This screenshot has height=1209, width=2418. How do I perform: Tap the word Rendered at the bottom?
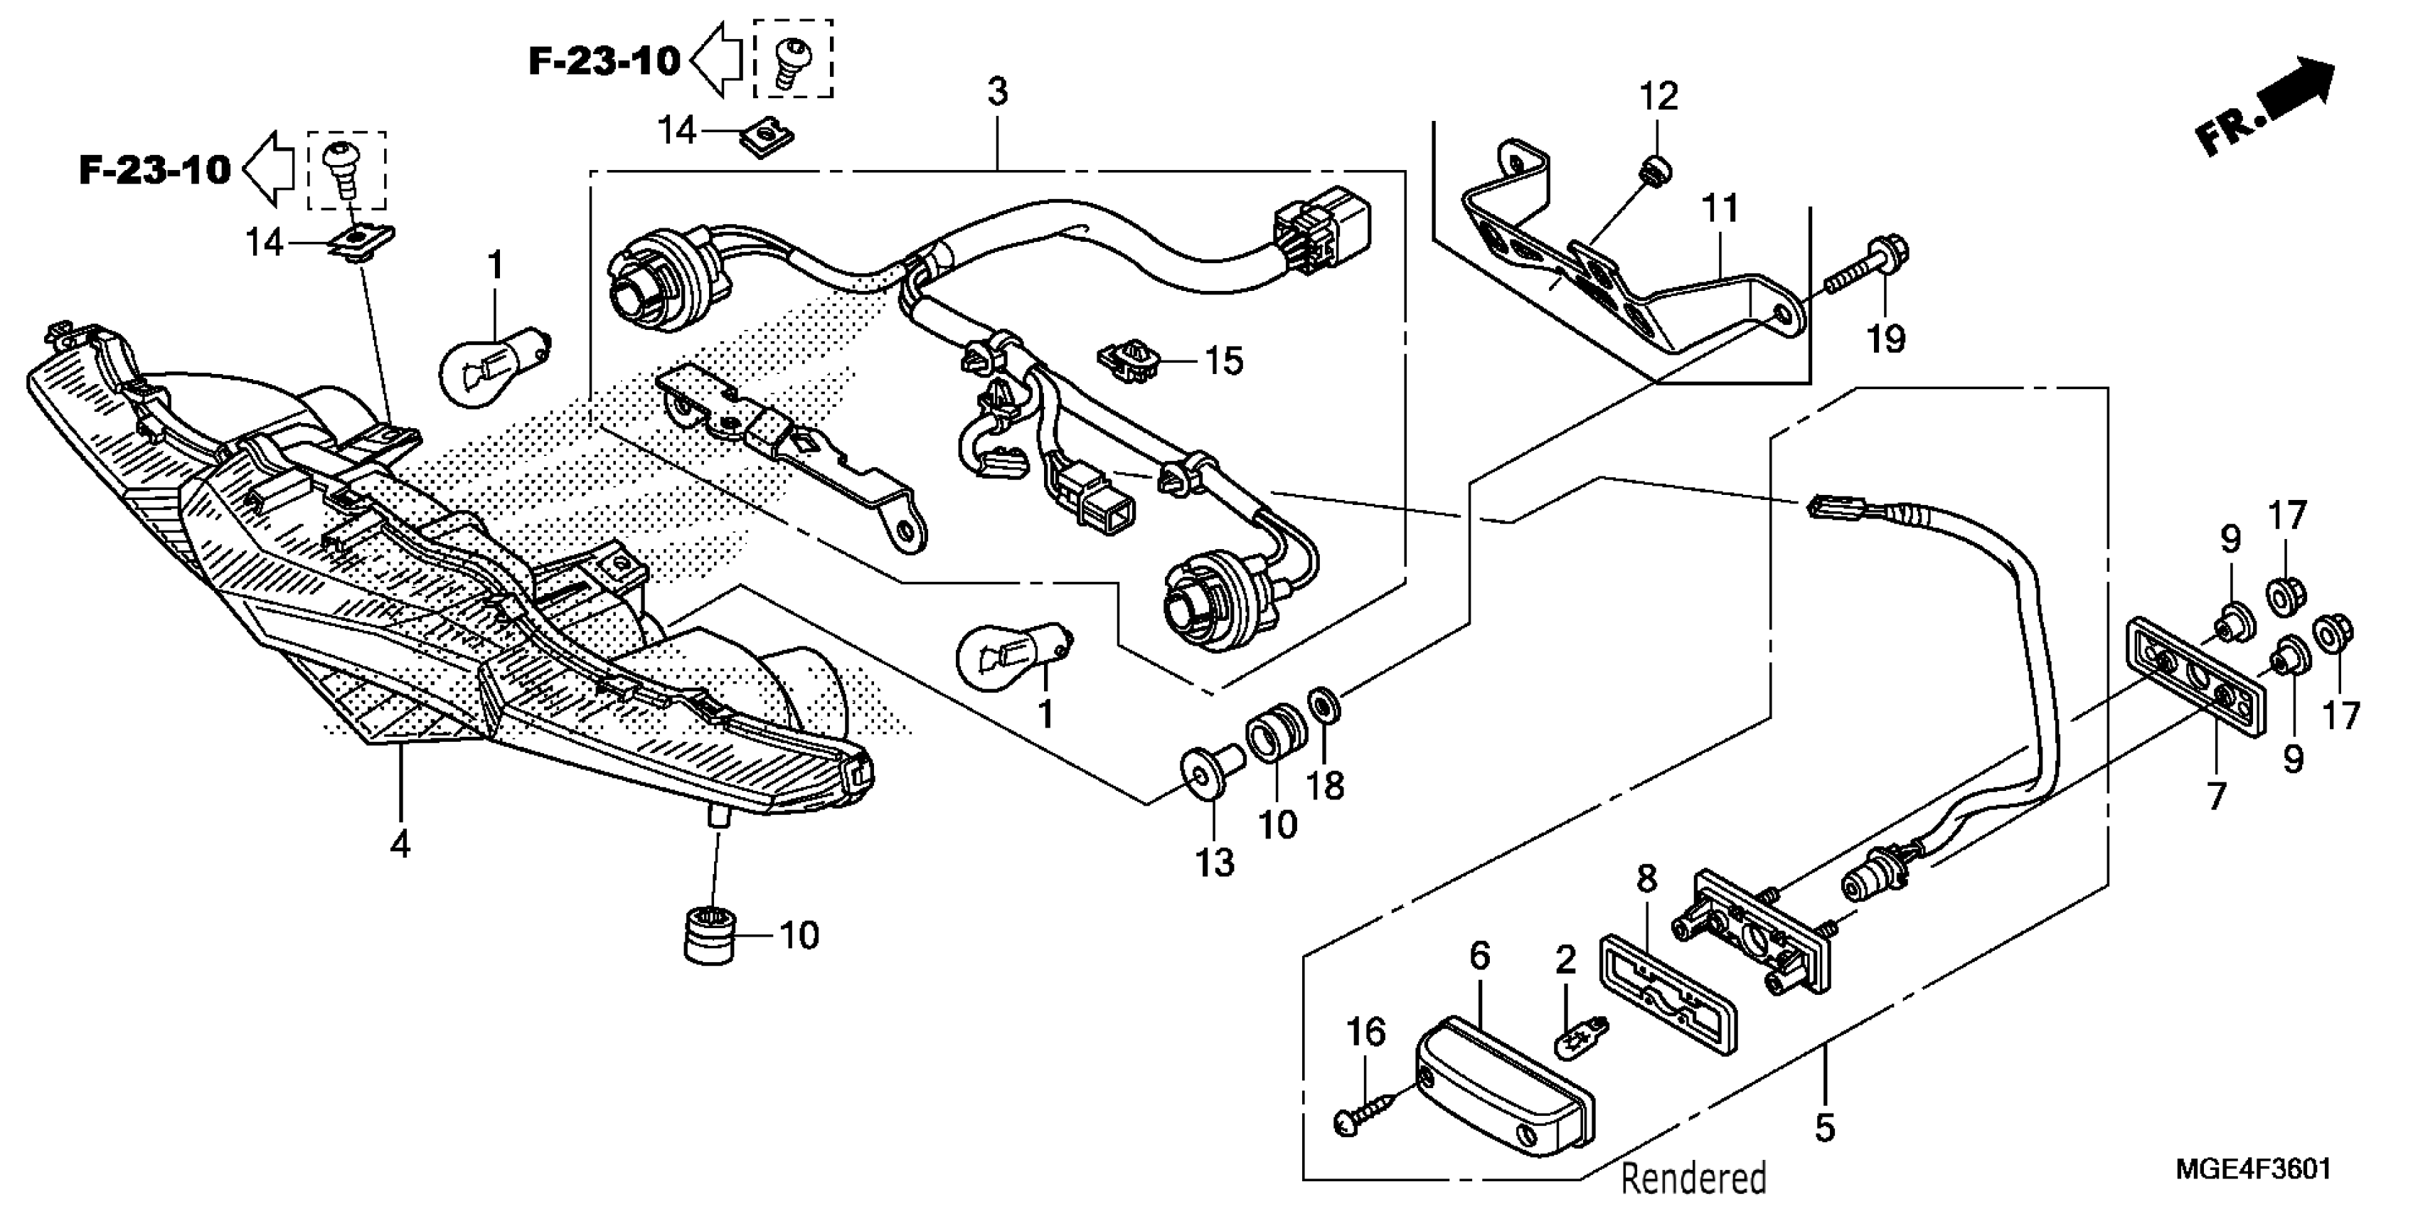pyautogui.click(x=1693, y=1177)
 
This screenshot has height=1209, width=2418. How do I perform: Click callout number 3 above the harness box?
pyautogui.click(x=997, y=92)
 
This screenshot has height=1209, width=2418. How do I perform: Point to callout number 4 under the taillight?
pyautogui.click(x=400, y=845)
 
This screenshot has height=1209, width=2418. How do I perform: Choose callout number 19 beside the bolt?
pyautogui.click(x=1885, y=338)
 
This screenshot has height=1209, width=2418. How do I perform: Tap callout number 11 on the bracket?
pyautogui.click(x=1720, y=208)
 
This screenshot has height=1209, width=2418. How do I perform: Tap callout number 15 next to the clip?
pyautogui.click(x=1224, y=361)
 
